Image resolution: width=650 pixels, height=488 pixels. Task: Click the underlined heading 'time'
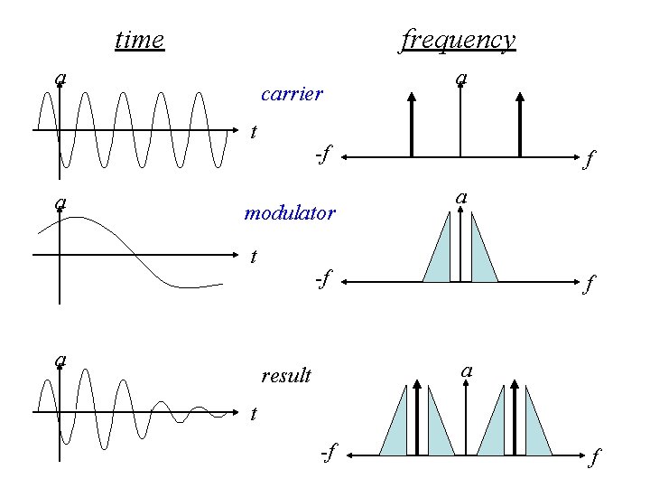pyautogui.click(x=140, y=40)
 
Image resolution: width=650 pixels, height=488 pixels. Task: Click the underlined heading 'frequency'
pyautogui.click(x=458, y=40)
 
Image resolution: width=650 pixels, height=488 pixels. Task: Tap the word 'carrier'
pyautogui.click(x=291, y=93)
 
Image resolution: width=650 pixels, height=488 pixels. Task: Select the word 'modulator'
pyautogui.click(x=290, y=214)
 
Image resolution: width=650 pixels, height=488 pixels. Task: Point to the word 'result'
pyautogui.click(x=286, y=375)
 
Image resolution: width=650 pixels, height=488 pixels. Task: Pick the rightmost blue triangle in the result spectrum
pyautogui.click(x=536, y=429)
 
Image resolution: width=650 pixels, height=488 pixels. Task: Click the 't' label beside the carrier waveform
pyautogui.click(x=254, y=132)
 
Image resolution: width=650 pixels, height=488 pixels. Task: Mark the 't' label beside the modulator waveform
pyautogui.click(x=254, y=257)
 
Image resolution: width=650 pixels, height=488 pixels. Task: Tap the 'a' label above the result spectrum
pyautogui.click(x=466, y=371)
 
